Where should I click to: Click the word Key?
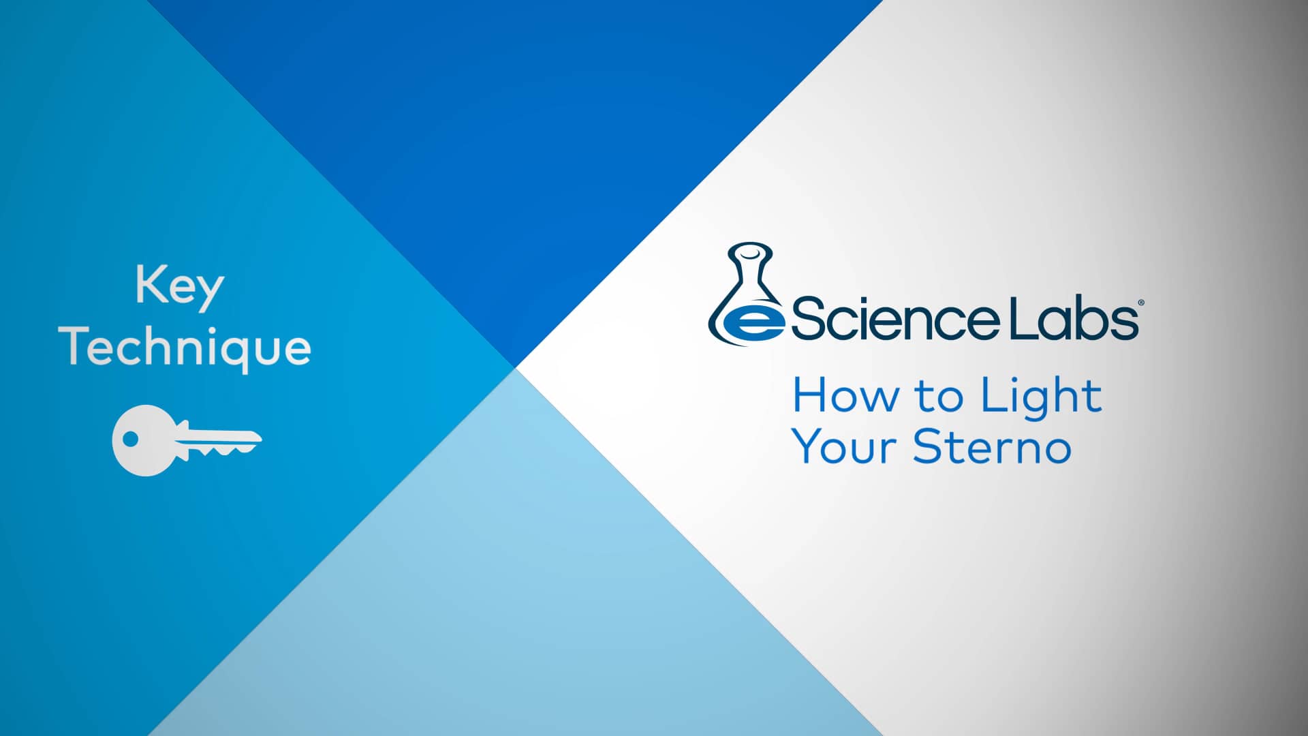tap(179, 286)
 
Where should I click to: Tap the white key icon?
tap(185, 440)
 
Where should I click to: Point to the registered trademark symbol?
tap(1141, 302)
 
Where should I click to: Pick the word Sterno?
tap(992, 447)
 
